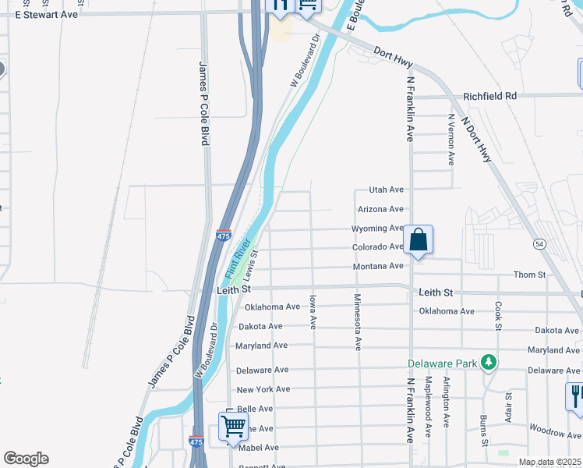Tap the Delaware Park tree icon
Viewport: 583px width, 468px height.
click(489, 363)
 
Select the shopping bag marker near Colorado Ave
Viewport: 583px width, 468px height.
click(418, 241)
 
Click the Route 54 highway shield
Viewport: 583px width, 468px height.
click(539, 244)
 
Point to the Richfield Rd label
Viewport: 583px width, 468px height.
click(489, 96)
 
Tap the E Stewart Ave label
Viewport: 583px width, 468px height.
click(47, 14)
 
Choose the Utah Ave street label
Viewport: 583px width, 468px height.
click(386, 190)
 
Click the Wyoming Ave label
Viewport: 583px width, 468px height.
click(377, 229)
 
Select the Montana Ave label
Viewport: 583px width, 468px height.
click(378, 266)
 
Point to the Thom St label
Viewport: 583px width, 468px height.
click(529, 275)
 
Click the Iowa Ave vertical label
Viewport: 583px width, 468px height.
click(313, 310)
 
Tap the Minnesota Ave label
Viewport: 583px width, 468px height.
click(358, 320)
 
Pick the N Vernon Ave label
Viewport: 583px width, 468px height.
click(450, 140)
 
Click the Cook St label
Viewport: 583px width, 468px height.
click(496, 315)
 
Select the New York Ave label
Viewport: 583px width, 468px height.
click(263, 389)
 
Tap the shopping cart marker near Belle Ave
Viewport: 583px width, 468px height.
click(233, 427)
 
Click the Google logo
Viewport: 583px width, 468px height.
click(26, 459)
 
